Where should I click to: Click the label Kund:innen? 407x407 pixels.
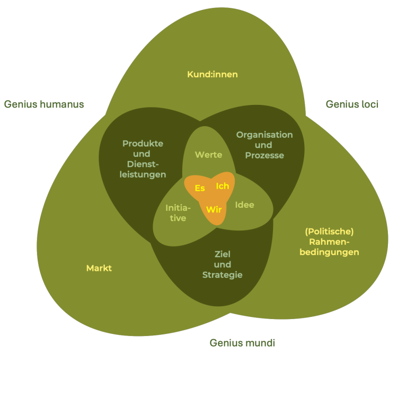[212, 74]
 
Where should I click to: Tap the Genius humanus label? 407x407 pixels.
[44, 104]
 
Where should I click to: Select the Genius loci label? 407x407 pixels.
[352, 104]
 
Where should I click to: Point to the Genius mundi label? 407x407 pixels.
[242, 343]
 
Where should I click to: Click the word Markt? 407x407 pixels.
[99, 268]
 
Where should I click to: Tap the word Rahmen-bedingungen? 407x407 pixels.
[329, 247]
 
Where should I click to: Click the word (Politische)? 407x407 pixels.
[329, 232]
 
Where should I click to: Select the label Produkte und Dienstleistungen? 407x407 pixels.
[143, 159]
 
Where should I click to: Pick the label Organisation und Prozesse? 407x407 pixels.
[264, 145]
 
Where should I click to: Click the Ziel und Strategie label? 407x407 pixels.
[223, 264]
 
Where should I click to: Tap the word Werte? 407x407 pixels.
[208, 155]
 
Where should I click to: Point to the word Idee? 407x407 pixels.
[244, 205]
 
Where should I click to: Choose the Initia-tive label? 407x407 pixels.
[178, 213]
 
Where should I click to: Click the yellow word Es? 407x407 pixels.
[200, 188]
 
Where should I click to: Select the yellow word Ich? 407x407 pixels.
[223, 186]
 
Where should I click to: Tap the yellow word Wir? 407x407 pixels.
[214, 209]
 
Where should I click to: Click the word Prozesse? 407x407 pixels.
[264, 155]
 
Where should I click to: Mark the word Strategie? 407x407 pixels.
[223, 275]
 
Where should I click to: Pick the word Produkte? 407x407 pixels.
[143, 144]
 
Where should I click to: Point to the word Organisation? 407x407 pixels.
[264, 135]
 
